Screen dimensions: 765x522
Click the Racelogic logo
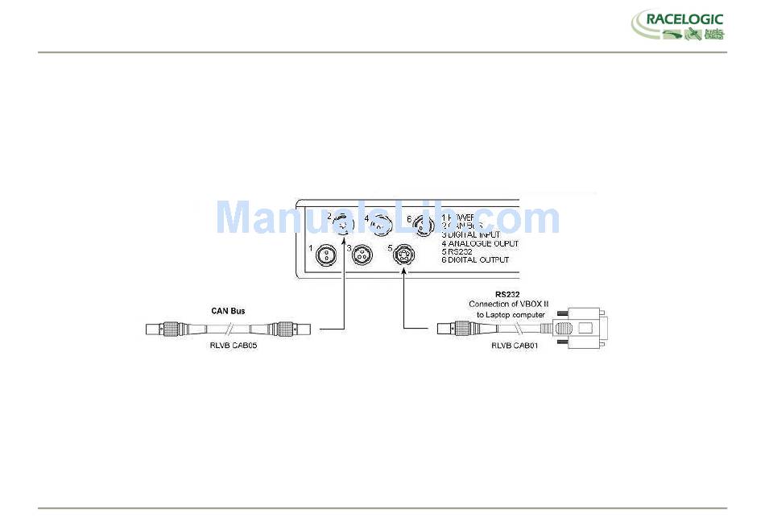click(x=677, y=25)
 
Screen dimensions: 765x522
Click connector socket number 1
click(x=327, y=255)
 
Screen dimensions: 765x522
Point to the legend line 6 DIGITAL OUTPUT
click(x=475, y=260)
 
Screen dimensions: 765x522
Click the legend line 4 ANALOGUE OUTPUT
click(x=479, y=242)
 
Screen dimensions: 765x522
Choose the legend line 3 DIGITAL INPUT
click(x=470, y=234)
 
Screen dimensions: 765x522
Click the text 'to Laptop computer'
click(x=511, y=314)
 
